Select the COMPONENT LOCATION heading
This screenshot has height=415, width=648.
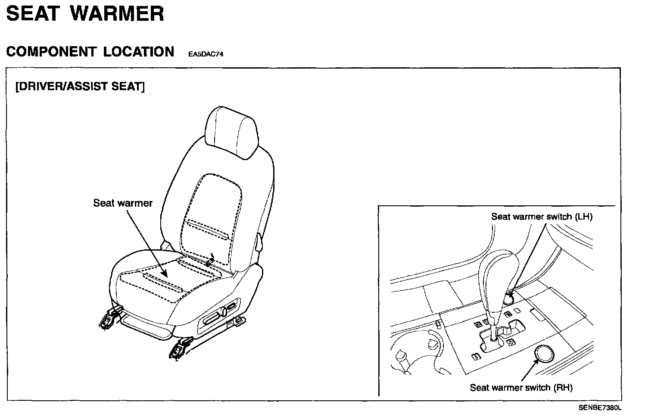coord(90,52)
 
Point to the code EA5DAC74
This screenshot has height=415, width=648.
coord(205,55)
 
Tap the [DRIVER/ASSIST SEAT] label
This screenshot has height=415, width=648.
coord(80,86)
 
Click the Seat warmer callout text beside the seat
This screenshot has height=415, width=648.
coord(123,203)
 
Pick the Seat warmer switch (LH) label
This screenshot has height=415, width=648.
coord(542,217)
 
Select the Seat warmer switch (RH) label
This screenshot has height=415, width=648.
coord(521,387)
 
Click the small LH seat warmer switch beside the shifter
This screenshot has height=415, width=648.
coord(510,296)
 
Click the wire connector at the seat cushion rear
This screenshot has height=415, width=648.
coord(210,261)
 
